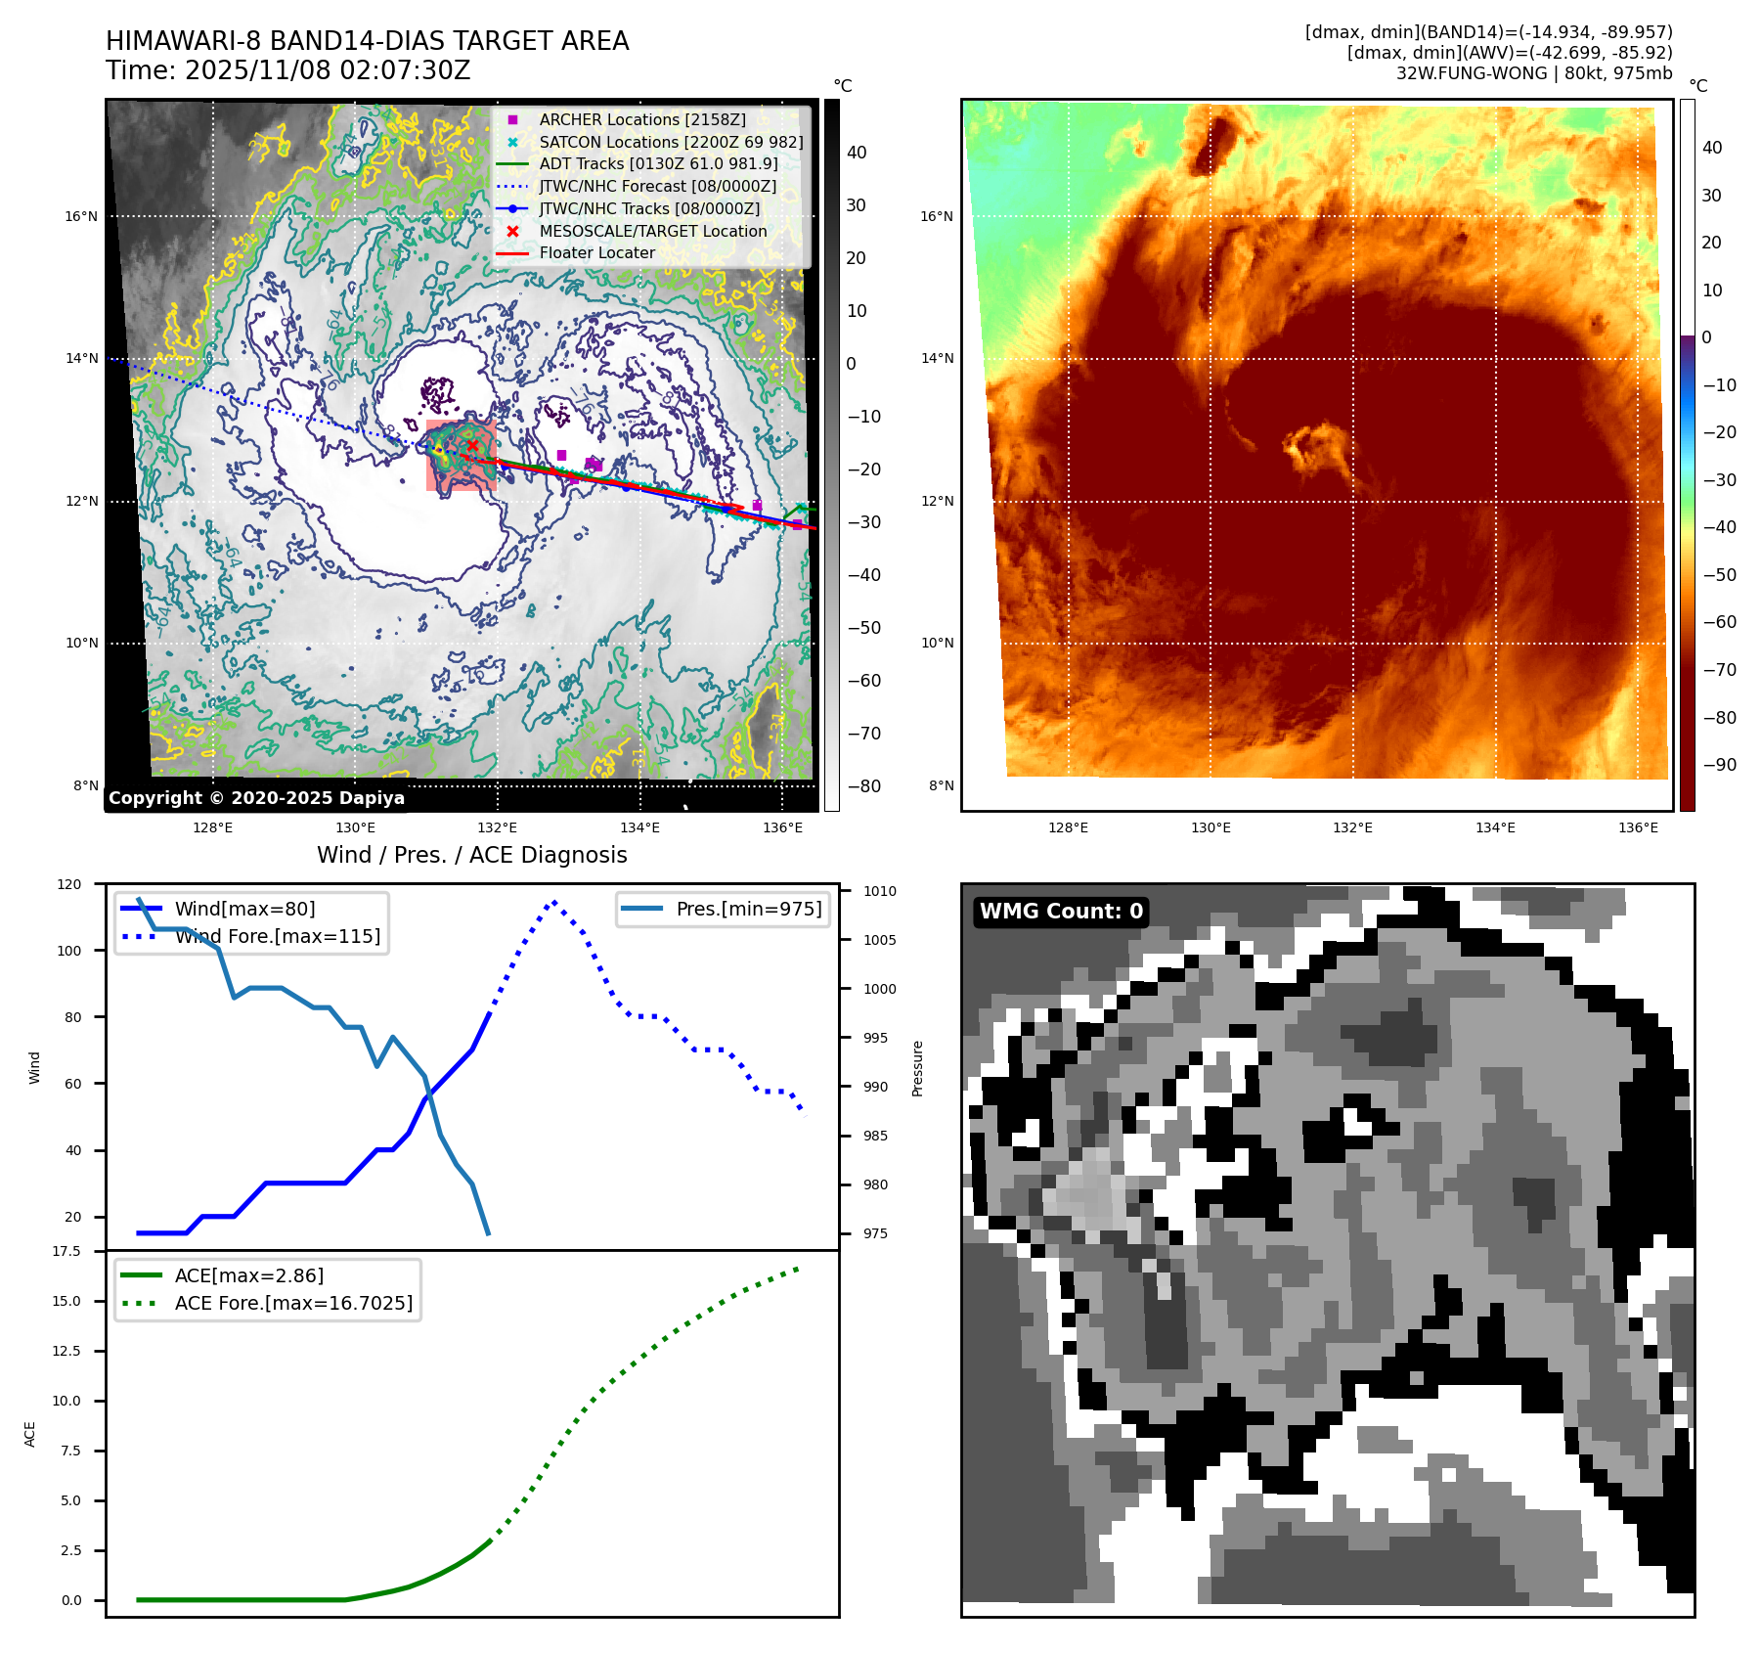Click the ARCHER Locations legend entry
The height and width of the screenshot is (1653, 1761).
click(x=641, y=119)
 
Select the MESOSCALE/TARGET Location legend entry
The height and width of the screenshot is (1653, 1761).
click(x=652, y=231)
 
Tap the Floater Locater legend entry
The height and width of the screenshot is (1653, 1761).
click(x=596, y=252)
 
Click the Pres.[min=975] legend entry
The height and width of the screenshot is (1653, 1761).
click(x=748, y=909)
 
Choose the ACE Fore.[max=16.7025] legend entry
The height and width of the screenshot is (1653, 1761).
click(x=293, y=1303)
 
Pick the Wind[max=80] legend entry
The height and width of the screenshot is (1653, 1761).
click(x=244, y=909)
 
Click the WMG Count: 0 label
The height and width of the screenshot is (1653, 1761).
click(x=1061, y=912)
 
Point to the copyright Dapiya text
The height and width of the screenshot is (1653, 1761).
click(x=256, y=798)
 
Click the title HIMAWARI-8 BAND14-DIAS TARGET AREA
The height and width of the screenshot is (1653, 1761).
click(x=367, y=41)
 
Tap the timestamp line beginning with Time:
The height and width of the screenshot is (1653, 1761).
click(x=288, y=70)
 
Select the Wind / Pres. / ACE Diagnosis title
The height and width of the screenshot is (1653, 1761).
click(x=472, y=855)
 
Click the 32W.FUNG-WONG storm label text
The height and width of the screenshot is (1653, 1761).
click(x=1533, y=73)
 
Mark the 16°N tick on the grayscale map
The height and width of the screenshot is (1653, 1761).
click(x=81, y=216)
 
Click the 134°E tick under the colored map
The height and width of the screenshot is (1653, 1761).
click(x=1495, y=827)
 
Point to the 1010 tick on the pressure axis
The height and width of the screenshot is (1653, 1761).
click(x=879, y=891)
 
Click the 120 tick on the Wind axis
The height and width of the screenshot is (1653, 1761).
click(x=69, y=884)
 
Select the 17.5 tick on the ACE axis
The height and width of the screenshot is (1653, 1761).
click(x=66, y=1251)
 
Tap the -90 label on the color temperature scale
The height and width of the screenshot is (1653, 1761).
click(x=1719, y=765)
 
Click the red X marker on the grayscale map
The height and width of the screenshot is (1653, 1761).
click(x=473, y=445)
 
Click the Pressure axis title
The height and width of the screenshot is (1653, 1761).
click(x=917, y=1068)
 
